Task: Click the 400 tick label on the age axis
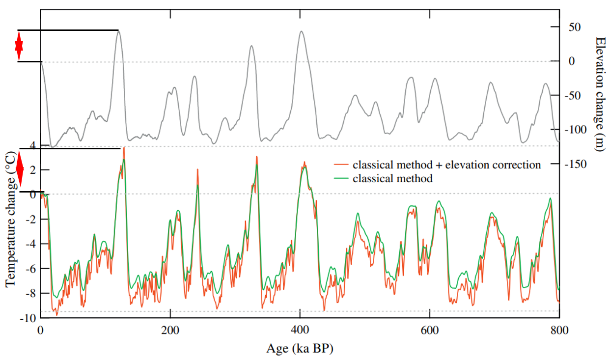[300, 331]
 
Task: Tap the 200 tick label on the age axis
[170, 331]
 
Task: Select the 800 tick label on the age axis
[559, 331]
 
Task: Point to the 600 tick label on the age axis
[429, 331]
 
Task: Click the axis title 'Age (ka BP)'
[300, 348]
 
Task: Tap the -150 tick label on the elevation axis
[574, 164]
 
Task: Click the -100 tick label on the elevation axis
[574, 130]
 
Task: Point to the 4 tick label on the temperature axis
[32, 145]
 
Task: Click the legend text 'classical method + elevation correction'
[446, 165]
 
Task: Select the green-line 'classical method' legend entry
[392, 179]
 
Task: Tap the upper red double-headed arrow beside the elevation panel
[19, 46]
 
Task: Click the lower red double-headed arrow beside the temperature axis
[20, 170]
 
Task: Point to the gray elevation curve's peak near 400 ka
[301, 32]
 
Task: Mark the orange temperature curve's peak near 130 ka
[124, 148]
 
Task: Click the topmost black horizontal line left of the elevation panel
[68, 30]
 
